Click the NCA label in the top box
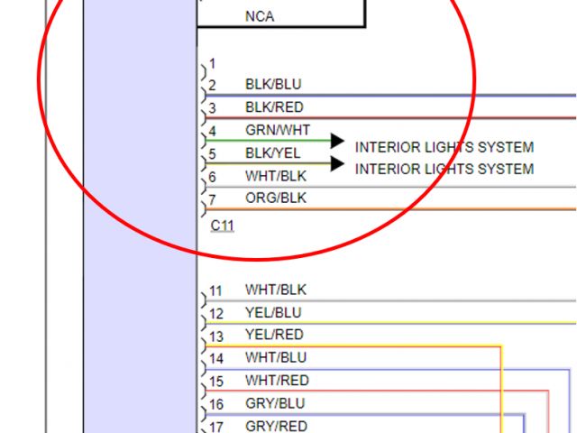click(x=260, y=16)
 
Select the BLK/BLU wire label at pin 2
click(x=273, y=85)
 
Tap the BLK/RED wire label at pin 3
click(x=274, y=107)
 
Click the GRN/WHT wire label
click(x=277, y=130)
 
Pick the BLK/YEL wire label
click(x=273, y=153)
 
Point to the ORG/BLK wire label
click(x=276, y=198)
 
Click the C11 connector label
click(x=222, y=225)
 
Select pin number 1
click(x=213, y=64)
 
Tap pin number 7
click(x=213, y=199)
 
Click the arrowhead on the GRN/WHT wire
click(x=337, y=141)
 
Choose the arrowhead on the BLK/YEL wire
click(x=337, y=163)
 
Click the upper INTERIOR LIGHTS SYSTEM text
click(x=444, y=147)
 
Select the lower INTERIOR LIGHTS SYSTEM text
click(x=444, y=169)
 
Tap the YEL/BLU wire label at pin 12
click(x=273, y=313)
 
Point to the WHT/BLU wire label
click(x=276, y=358)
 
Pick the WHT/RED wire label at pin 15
click(x=277, y=381)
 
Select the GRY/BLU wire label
click(x=275, y=403)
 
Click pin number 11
click(x=216, y=291)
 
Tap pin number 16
click(x=216, y=404)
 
